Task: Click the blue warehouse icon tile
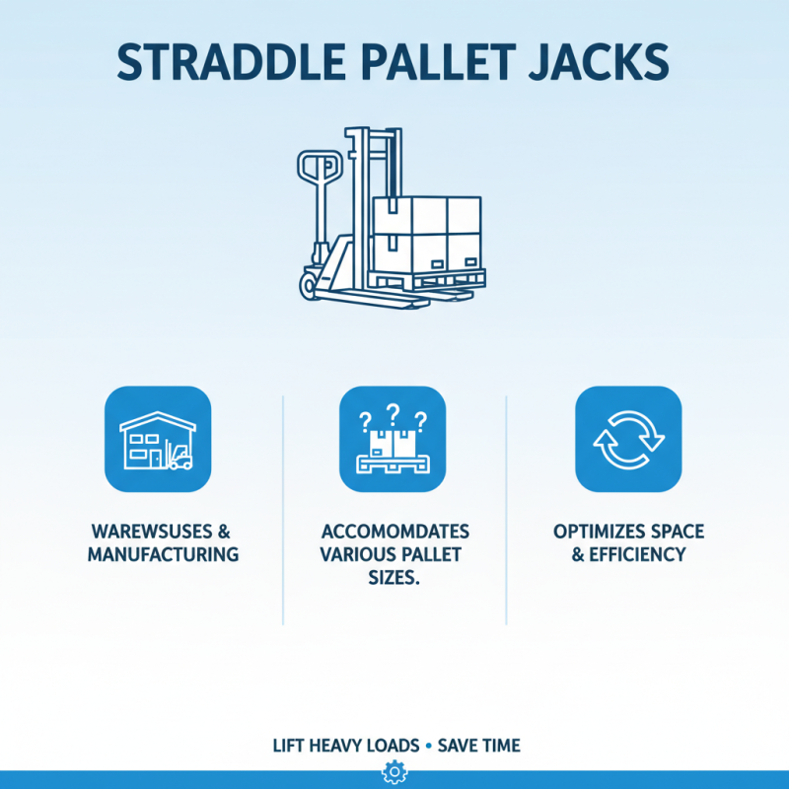click(x=158, y=439)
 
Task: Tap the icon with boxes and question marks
click(x=393, y=439)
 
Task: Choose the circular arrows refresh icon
click(x=628, y=439)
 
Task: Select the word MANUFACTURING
click(x=163, y=554)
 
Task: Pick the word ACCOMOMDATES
click(x=394, y=532)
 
